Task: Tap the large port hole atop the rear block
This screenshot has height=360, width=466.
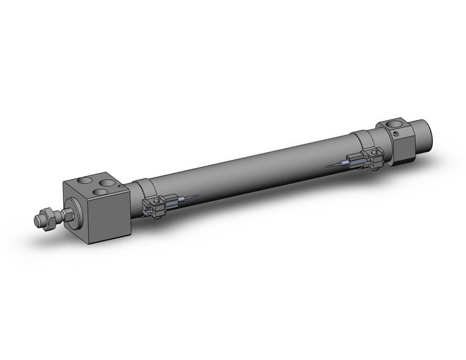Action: pos(393,127)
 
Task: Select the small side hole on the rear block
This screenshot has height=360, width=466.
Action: pos(398,136)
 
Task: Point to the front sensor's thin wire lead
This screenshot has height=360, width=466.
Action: pos(192,196)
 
